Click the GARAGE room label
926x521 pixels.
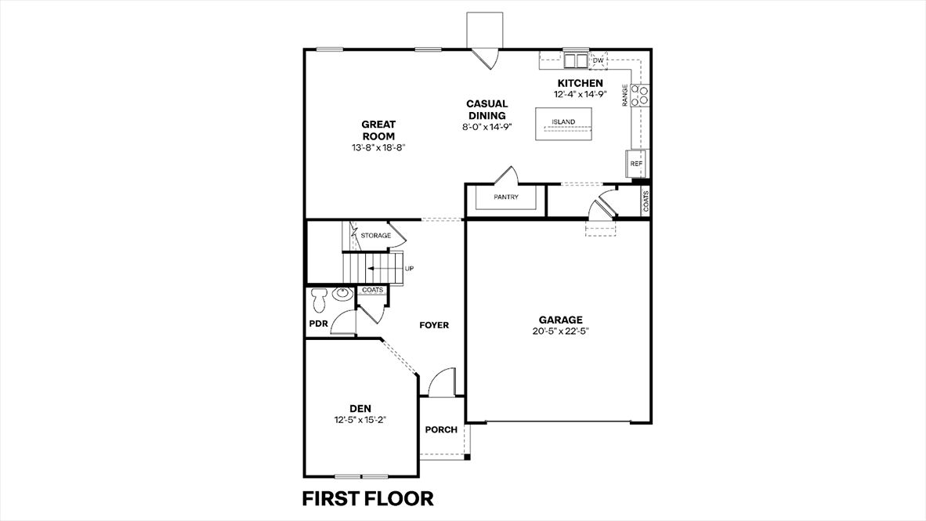[560, 320]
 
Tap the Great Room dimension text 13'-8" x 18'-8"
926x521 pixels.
[378, 147]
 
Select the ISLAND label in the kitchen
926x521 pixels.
[563, 122]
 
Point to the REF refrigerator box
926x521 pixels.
[636, 164]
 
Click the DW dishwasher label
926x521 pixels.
[599, 60]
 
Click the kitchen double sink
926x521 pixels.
[576, 60]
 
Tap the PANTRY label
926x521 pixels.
[506, 197]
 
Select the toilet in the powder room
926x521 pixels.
[319, 298]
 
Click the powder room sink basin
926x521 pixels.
[342, 295]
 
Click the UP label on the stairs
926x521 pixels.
[409, 269]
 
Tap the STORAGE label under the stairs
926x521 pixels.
[375, 235]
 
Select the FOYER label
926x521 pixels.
[434, 325]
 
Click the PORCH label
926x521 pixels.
[441, 429]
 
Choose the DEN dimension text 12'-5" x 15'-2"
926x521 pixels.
[360, 419]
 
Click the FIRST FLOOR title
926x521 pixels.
[367, 498]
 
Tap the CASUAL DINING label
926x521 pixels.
[487, 110]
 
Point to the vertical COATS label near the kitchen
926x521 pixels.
[646, 202]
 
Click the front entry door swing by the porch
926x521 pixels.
[442, 382]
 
